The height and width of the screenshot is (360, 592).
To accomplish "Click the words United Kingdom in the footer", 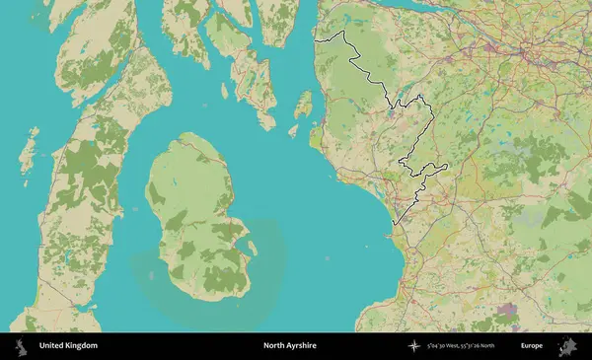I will pos(68,346).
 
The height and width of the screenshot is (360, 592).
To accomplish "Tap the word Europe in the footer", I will pos(532,346).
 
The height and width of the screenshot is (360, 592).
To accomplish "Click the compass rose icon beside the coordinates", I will pos(413,346).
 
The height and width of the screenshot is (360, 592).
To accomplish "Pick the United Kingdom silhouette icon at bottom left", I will pos(20,346).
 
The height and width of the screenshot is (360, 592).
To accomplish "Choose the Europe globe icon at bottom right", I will pos(569,346).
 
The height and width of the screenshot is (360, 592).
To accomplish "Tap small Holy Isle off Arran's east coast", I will pos(250,246).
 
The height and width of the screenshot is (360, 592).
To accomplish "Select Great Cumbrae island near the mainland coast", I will pos(303,103).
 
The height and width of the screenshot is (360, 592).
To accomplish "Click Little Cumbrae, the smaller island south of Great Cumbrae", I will pos(294,129).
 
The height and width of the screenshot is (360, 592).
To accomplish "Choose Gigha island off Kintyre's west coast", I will pos(30,148).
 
